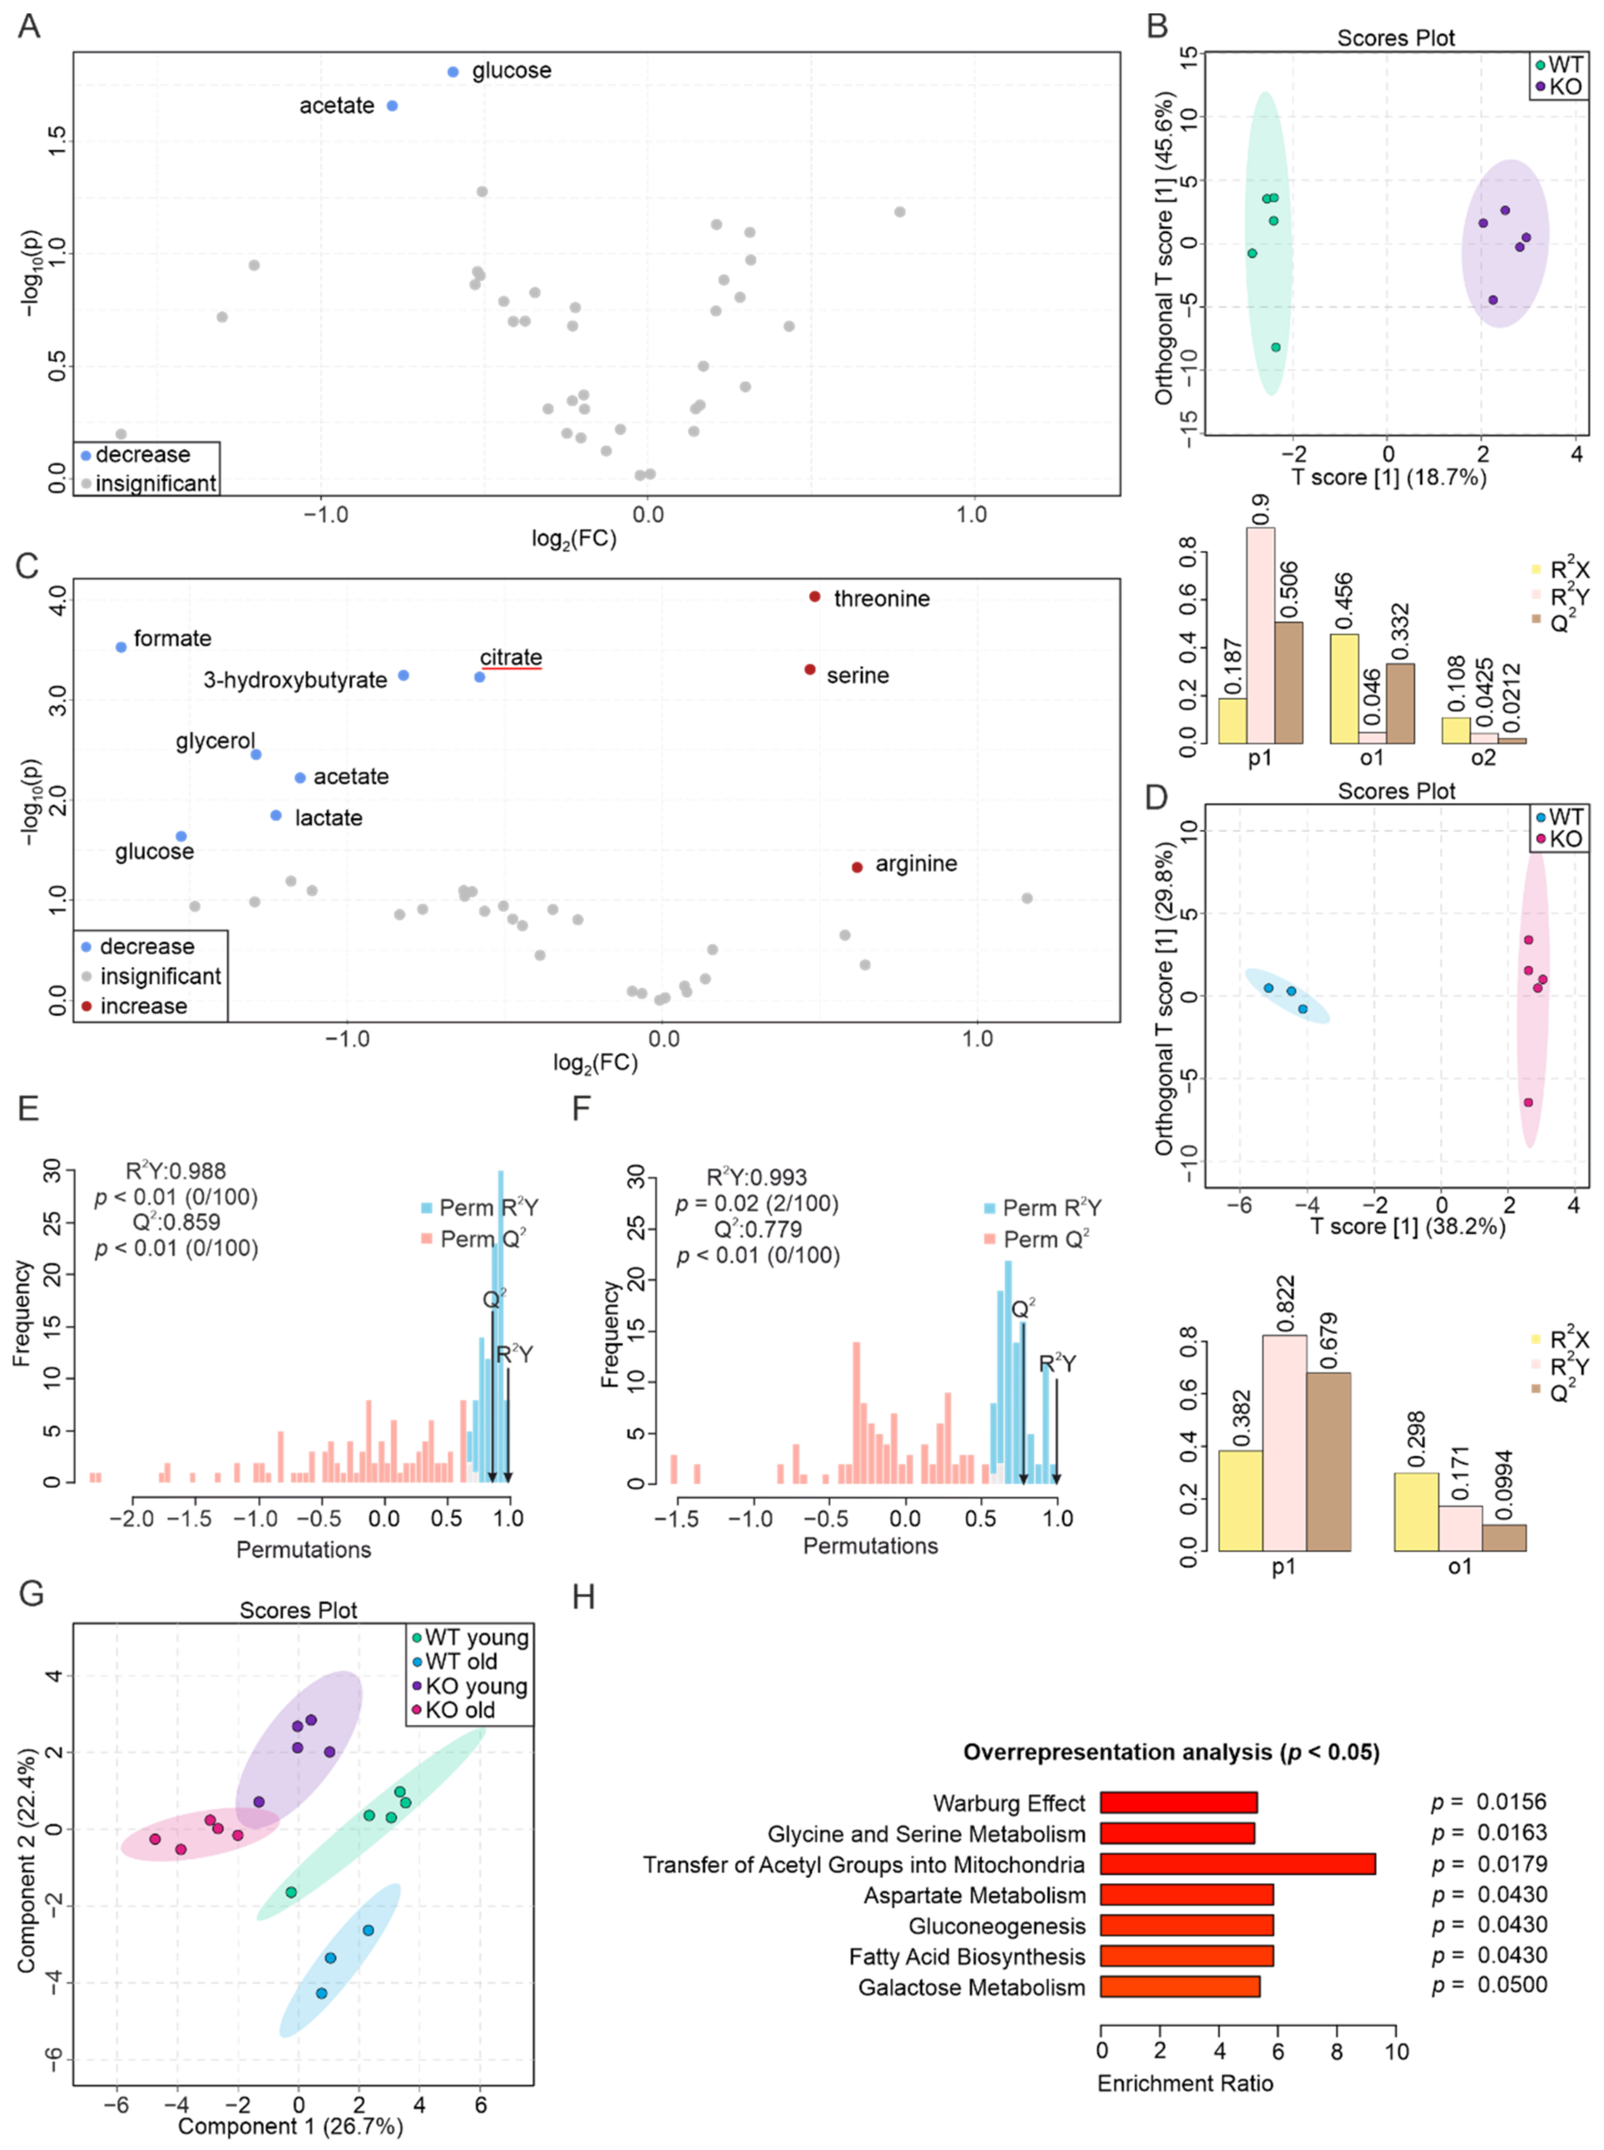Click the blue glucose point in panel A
point(452,72)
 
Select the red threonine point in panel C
point(814,596)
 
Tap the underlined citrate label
point(511,657)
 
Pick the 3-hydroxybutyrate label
point(295,680)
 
